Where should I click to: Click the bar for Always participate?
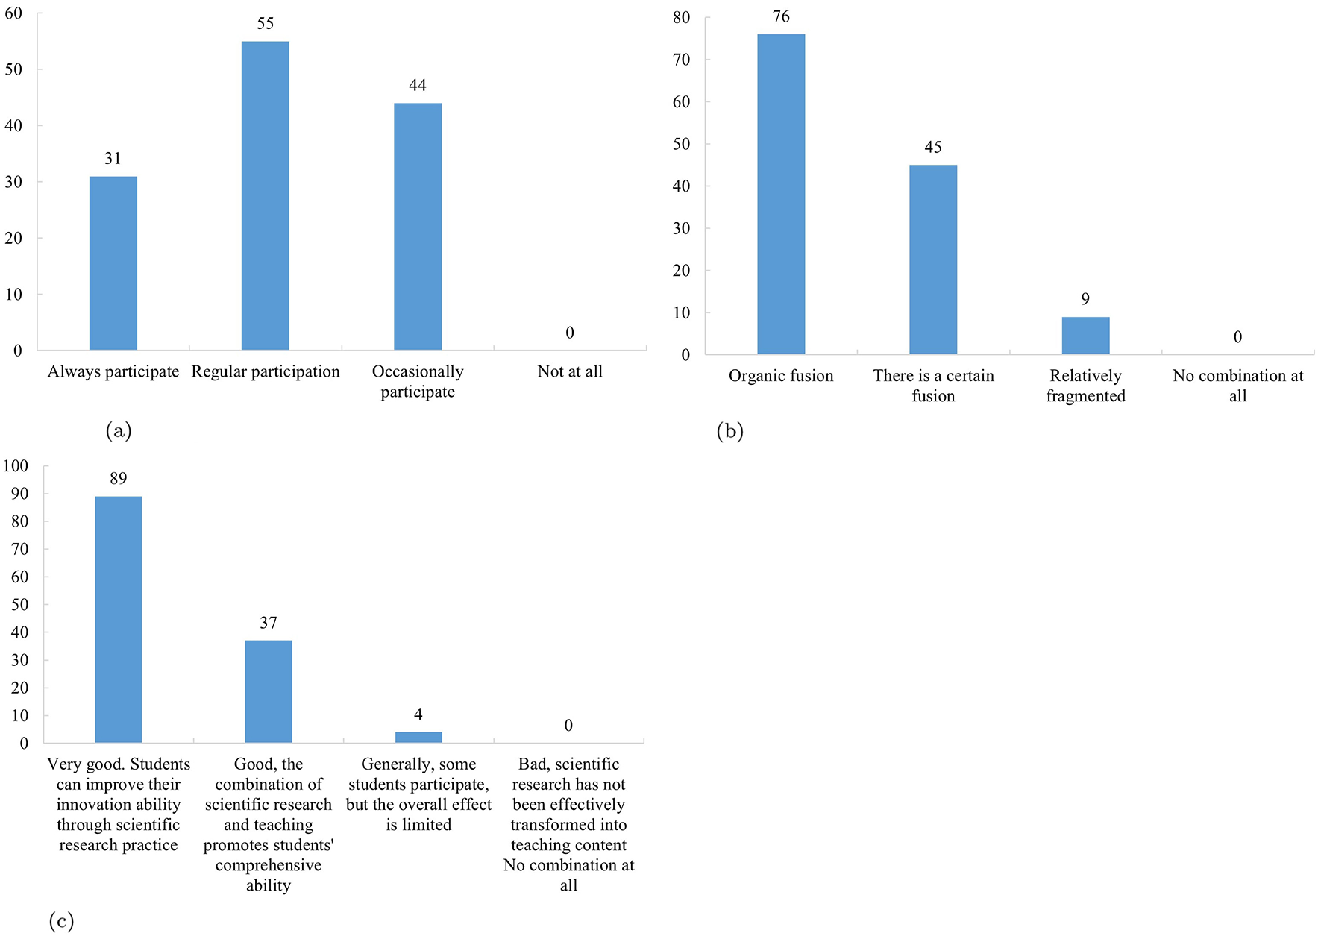point(113,263)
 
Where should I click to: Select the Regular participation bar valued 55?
point(265,195)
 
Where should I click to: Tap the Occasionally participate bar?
point(417,226)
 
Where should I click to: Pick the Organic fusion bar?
point(780,194)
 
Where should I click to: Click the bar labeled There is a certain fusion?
point(932,260)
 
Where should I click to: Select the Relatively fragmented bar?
point(1085,336)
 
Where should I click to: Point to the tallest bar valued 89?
point(118,619)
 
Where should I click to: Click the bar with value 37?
point(268,691)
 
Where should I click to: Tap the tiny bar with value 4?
point(418,737)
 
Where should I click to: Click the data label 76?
point(780,17)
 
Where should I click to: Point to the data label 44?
point(417,86)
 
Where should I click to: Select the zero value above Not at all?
point(569,333)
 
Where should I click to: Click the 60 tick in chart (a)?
point(13,13)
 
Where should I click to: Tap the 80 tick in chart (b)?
point(680,17)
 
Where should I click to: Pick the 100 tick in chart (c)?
point(16,466)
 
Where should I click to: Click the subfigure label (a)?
point(119,430)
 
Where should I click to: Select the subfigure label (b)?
point(729,431)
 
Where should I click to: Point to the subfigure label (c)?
point(61,921)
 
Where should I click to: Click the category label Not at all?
point(569,371)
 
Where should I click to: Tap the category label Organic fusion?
point(780,376)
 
